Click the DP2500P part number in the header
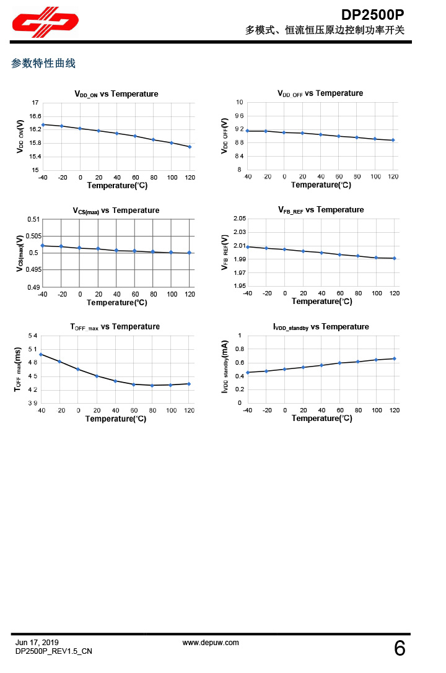373,14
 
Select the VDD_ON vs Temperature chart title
116,94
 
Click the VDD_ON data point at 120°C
190,147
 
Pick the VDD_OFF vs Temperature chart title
320,93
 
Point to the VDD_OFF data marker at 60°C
339,136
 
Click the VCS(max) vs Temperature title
116,211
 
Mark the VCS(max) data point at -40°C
42,246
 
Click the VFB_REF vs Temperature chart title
321,210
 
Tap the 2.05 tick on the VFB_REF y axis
239,219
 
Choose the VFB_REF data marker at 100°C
376,258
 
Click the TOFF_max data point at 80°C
152,385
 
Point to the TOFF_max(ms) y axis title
17,369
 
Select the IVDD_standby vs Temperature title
321,327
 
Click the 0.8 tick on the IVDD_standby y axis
240,349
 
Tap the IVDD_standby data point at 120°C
394,358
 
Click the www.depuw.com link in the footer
211,643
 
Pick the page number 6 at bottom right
400,649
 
